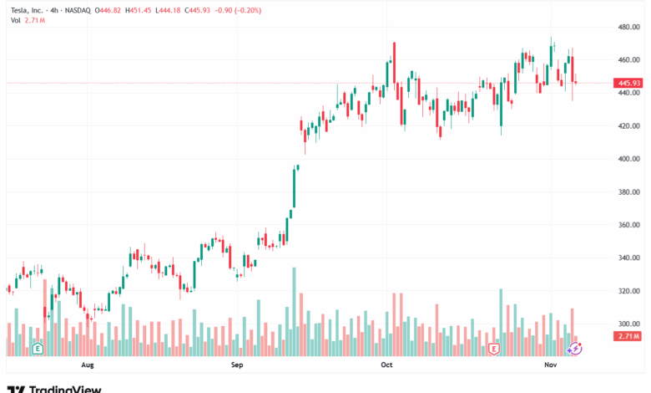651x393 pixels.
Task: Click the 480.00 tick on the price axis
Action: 628,27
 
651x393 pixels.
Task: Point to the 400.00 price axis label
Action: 628,159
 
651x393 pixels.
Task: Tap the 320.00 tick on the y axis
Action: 628,291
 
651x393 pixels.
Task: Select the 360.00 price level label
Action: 628,225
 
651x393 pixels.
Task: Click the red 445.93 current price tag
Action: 629,84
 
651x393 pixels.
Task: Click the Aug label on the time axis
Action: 88,365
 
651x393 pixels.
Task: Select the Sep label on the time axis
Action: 237,365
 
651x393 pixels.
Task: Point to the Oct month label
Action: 386,365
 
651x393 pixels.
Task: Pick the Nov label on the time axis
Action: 550,365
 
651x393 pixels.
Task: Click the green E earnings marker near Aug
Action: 37,347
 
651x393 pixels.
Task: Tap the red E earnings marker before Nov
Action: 494,347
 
